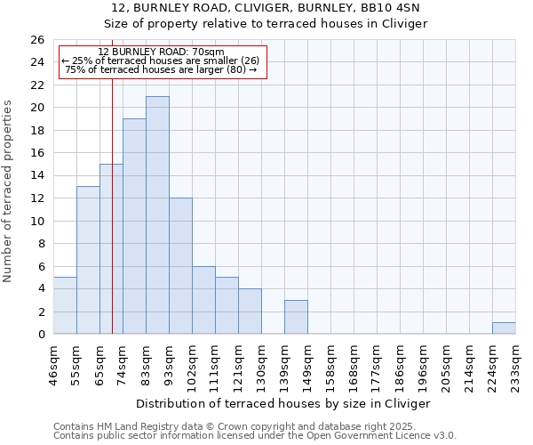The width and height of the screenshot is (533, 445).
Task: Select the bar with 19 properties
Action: (x=134, y=227)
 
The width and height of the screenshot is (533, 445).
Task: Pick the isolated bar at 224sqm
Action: (x=504, y=328)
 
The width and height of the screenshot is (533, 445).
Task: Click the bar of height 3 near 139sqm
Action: (x=296, y=317)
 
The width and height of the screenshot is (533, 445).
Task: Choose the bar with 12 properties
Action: (x=180, y=266)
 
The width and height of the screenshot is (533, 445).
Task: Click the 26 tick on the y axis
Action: (x=37, y=40)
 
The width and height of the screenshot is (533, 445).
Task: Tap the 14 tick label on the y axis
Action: (x=37, y=176)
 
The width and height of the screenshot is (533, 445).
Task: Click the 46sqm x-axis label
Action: (x=53, y=362)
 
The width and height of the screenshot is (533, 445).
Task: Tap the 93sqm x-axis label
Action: (x=169, y=362)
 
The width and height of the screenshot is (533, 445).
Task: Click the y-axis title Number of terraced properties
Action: (x=9, y=191)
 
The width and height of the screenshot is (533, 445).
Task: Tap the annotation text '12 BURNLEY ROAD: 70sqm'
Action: (x=162, y=53)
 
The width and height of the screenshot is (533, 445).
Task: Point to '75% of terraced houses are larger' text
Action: (x=162, y=69)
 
